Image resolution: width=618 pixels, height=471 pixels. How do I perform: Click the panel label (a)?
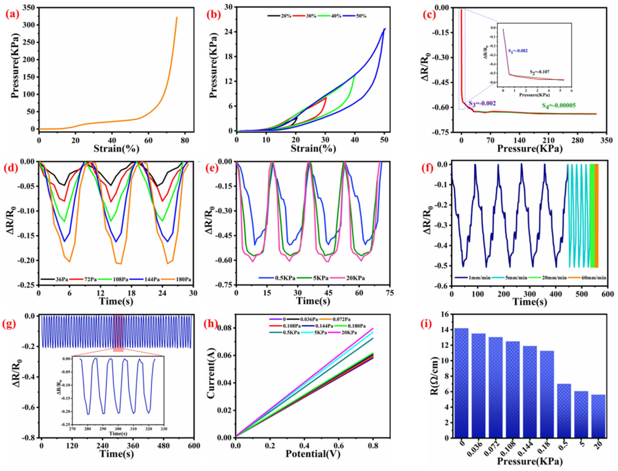coord(12,14)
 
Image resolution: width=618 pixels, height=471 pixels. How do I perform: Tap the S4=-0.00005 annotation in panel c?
coord(559,105)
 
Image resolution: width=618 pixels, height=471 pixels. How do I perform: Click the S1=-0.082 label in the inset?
coord(518,51)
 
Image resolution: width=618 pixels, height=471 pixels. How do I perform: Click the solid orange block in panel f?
coord(596,216)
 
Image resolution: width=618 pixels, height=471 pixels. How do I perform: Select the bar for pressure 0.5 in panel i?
coord(564,411)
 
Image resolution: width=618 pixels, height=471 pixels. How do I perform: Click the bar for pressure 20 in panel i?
coord(598,416)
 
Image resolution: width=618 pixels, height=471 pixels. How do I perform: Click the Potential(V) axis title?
coord(313,453)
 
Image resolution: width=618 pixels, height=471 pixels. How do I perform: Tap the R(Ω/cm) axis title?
coord(434,376)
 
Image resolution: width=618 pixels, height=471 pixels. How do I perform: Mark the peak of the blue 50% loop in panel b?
coord(385,29)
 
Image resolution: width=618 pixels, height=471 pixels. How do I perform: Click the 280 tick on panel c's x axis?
coord(577,140)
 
